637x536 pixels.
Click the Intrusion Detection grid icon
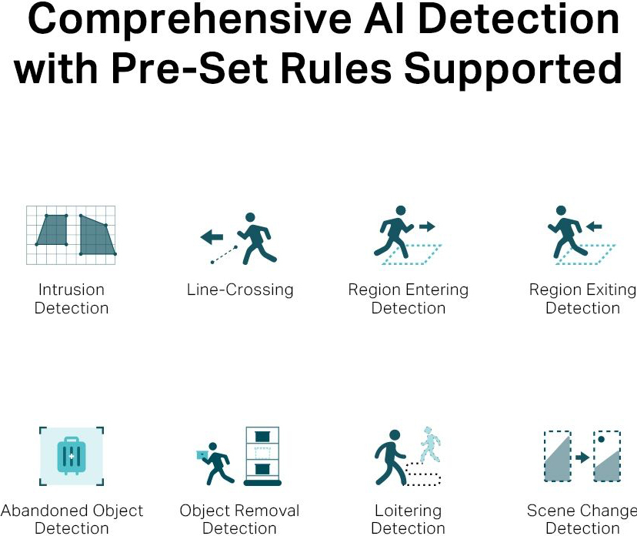tap(71, 235)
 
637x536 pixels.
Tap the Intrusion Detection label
tap(72, 299)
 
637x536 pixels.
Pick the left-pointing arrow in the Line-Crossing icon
tap(212, 237)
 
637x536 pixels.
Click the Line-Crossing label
tap(240, 290)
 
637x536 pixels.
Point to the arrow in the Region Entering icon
tap(426, 226)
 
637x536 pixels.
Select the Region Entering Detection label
tap(408, 299)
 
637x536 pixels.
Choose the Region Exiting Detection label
tap(582, 299)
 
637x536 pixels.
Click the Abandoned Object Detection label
tap(72, 520)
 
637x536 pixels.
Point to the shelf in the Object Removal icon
tap(262, 456)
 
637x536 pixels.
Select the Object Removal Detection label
tap(239, 520)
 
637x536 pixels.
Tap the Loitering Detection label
tap(409, 520)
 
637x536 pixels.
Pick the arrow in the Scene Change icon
tap(582, 457)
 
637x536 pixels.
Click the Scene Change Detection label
tap(582, 520)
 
